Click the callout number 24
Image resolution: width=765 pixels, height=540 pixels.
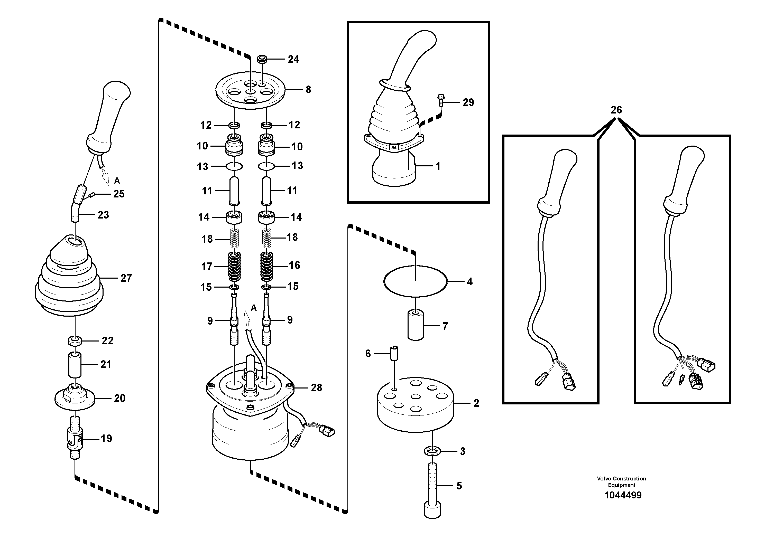(x=293, y=60)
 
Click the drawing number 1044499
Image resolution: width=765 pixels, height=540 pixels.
(x=623, y=495)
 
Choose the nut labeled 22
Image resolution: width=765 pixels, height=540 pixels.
(x=75, y=341)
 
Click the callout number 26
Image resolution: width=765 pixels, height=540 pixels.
(x=616, y=110)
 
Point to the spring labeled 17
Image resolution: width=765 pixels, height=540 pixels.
(x=234, y=266)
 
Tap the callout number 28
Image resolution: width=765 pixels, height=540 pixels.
(x=316, y=387)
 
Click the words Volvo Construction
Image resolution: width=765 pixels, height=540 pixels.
(x=621, y=479)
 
